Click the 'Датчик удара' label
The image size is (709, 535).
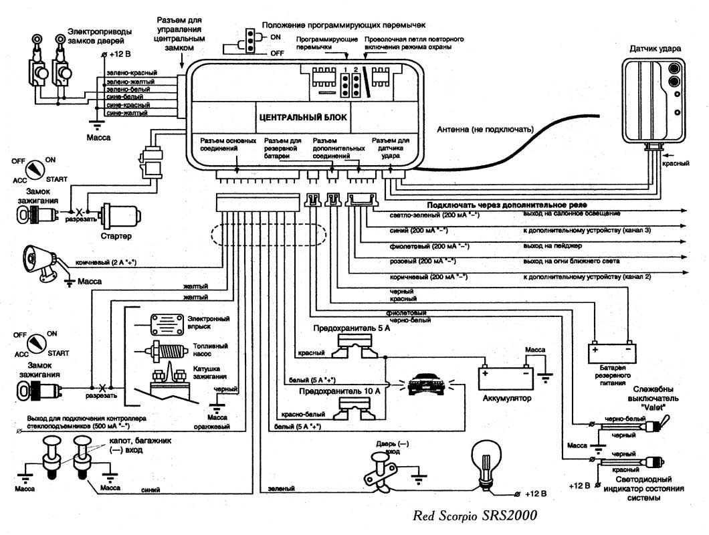[x=655, y=49]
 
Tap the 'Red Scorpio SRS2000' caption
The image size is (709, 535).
[x=475, y=516]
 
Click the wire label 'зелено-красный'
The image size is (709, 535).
[x=131, y=72]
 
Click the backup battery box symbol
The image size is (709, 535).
[x=609, y=350]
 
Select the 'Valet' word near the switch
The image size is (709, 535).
[x=655, y=406]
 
